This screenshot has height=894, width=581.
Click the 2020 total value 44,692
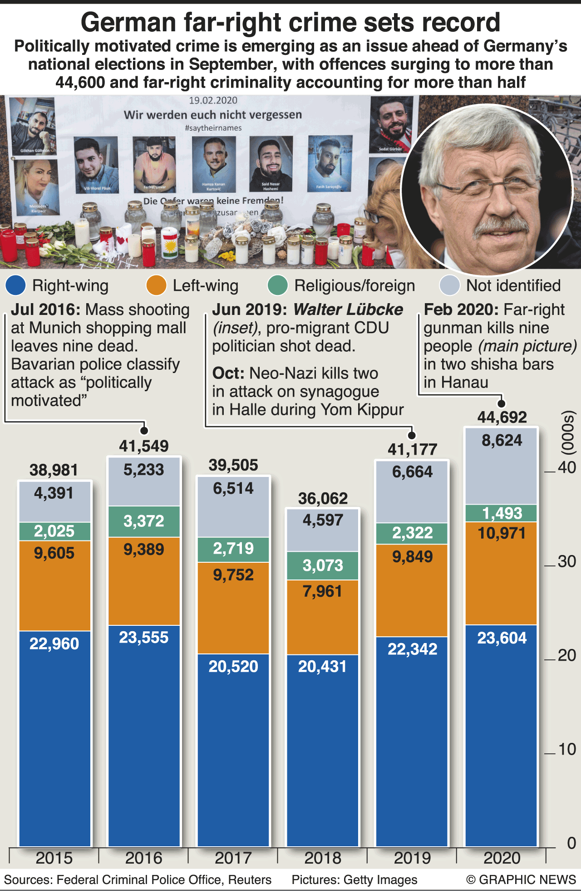[x=502, y=417]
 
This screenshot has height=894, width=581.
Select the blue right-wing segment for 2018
[x=323, y=749]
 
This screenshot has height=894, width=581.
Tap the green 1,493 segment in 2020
[x=502, y=513]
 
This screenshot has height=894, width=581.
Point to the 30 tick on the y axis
[x=566, y=562]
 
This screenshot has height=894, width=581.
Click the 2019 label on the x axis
[x=412, y=858]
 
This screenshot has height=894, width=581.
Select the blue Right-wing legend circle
[x=16, y=285]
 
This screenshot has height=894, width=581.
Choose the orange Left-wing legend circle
[x=157, y=285]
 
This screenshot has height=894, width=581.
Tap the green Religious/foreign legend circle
[x=278, y=285]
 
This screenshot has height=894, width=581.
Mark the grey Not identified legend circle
[x=450, y=285]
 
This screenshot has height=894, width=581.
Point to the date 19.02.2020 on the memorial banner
[x=213, y=100]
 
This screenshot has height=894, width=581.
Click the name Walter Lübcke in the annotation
[x=348, y=309]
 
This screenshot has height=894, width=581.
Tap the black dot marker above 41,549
[x=144, y=430]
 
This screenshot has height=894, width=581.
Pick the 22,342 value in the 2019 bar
[x=412, y=649]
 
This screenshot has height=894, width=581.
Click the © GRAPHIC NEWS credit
[x=521, y=879]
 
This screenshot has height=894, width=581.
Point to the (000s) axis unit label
[x=568, y=433]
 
